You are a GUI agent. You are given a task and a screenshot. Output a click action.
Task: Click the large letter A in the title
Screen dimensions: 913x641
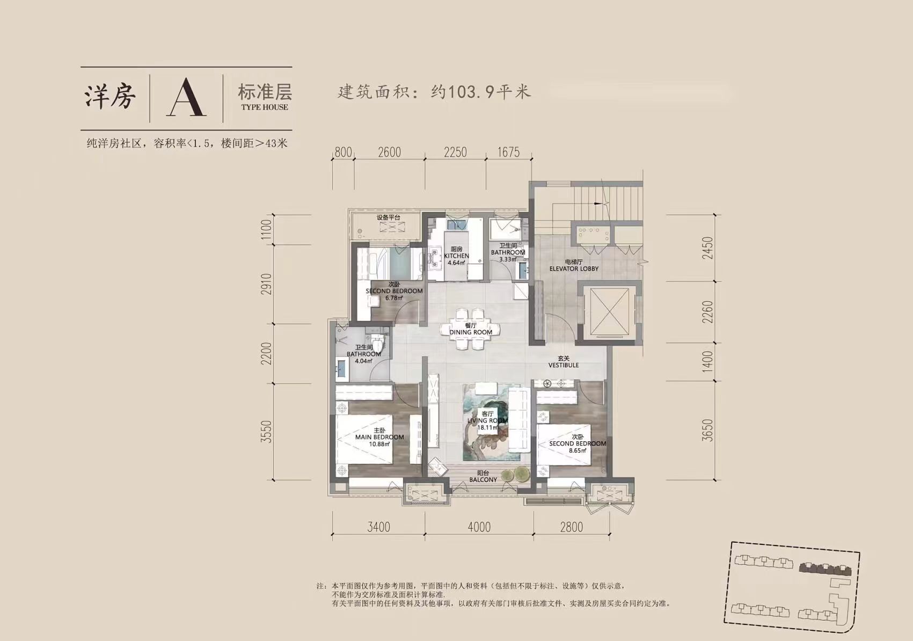click(186, 98)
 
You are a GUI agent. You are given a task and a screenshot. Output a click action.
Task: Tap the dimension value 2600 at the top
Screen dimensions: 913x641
click(390, 152)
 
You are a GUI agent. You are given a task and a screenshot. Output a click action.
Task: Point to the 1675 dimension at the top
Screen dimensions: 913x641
click(509, 152)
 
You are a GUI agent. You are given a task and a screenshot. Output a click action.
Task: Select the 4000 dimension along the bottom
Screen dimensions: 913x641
click(479, 527)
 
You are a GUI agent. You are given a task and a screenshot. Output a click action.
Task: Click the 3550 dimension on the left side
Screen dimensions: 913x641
click(267, 432)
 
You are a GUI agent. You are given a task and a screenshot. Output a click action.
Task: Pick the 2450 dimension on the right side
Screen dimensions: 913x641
click(708, 248)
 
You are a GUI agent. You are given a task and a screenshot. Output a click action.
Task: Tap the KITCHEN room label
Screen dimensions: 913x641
click(456, 256)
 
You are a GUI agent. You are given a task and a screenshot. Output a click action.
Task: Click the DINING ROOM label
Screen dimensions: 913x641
click(471, 332)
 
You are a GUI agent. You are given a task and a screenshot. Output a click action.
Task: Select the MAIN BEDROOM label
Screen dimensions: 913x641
click(379, 437)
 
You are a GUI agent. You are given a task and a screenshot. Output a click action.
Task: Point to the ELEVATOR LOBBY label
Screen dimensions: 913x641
click(574, 269)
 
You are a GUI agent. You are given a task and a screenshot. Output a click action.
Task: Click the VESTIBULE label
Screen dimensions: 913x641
click(564, 366)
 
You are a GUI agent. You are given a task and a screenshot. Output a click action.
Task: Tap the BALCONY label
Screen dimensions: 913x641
click(483, 480)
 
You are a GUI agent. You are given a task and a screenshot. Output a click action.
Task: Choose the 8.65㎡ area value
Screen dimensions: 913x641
click(578, 450)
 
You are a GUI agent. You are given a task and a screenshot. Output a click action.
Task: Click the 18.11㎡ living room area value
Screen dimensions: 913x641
click(487, 428)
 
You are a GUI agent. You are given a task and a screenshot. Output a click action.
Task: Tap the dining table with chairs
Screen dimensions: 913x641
click(471, 329)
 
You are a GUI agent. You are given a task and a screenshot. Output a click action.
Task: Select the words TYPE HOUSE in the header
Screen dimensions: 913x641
click(265, 107)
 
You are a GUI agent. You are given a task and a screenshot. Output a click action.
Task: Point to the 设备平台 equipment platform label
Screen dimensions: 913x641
click(388, 218)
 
